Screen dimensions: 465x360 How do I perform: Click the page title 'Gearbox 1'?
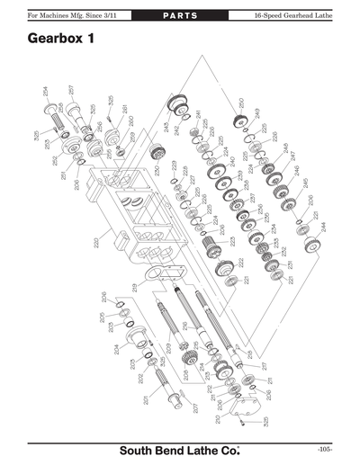[65, 40]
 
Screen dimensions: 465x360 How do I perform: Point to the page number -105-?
[325, 449]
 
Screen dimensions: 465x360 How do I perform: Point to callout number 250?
[240, 102]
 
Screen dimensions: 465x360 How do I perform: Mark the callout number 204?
[116, 353]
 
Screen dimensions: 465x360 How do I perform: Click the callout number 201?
[145, 400]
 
